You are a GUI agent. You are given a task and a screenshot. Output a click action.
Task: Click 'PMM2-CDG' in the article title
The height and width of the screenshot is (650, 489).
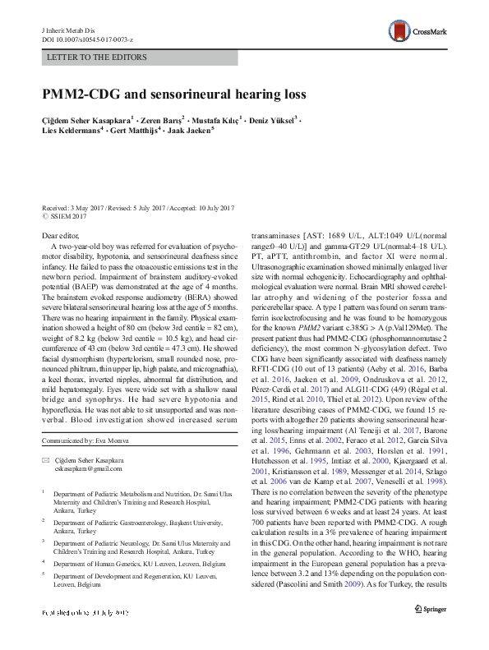78,95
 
